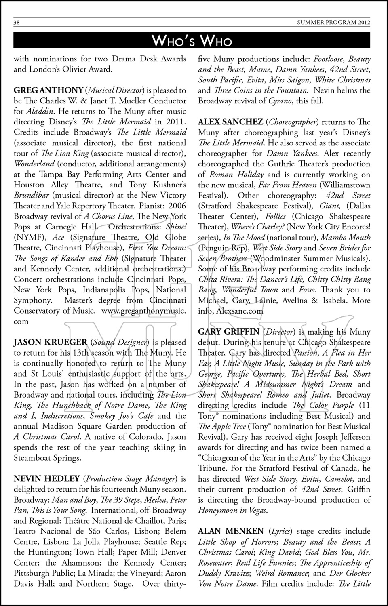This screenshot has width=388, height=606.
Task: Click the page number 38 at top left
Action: (x=17, y=23)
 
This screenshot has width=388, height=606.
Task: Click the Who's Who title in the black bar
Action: (x=192, y=40)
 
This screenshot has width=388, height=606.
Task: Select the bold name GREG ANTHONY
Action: (x=48, y=90)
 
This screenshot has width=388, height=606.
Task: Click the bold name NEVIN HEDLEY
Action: (x=46, y=479)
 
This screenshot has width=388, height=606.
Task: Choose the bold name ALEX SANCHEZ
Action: (x=230, y=122)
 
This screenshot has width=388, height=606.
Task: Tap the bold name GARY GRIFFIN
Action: (x=229, y=332)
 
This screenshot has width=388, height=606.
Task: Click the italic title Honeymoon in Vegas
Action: (x=232, y=510)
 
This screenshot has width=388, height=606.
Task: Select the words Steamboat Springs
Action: (x=47, y=458)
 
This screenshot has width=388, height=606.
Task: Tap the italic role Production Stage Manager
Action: (x=131, y=479)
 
